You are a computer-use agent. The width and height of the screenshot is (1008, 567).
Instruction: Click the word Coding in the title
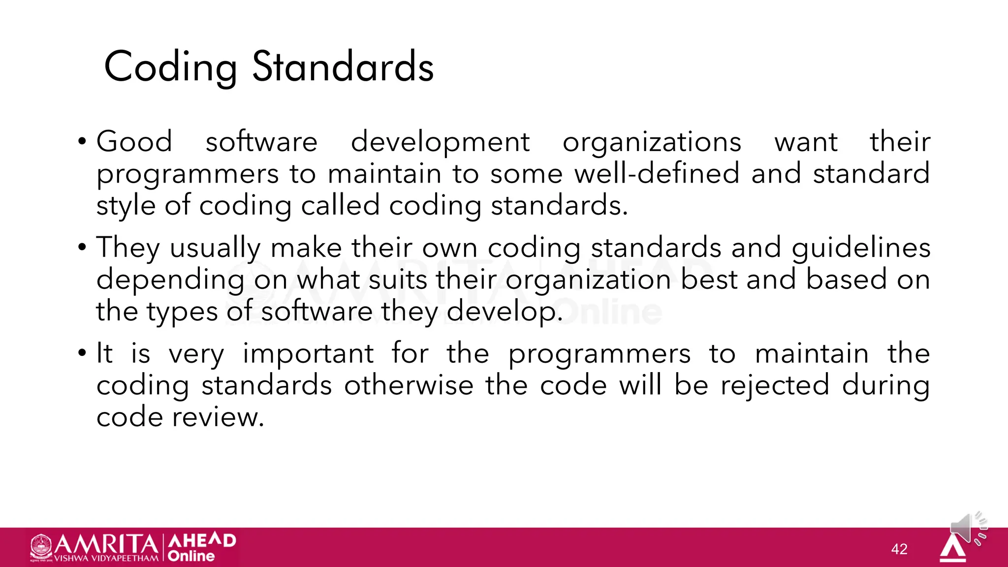(170, 67)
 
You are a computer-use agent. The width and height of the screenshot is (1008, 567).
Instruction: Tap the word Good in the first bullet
(134, 142)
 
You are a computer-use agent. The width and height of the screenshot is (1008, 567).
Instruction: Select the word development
(440, 143)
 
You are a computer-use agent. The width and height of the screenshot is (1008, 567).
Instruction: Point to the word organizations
(652, 143)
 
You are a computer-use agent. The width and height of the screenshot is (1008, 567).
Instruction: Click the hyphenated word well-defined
(657, 174)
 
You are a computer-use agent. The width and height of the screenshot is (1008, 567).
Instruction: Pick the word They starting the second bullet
(127, 248)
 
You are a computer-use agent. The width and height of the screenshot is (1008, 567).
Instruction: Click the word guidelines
(861, 248)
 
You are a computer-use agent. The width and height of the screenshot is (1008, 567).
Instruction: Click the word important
(308, 354)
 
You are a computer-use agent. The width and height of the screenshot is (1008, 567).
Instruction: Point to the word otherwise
(409, 385)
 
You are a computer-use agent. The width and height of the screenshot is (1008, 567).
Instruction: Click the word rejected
(775, 385)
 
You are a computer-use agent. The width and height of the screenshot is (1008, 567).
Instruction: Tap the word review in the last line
(217, 417)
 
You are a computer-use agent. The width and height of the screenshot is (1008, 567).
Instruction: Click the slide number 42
(899, 549)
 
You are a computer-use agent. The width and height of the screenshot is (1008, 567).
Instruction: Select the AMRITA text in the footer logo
(106, 544)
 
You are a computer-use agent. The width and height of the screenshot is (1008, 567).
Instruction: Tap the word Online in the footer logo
(191, 556)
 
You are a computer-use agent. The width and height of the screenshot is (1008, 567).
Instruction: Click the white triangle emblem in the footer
(952, 549)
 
